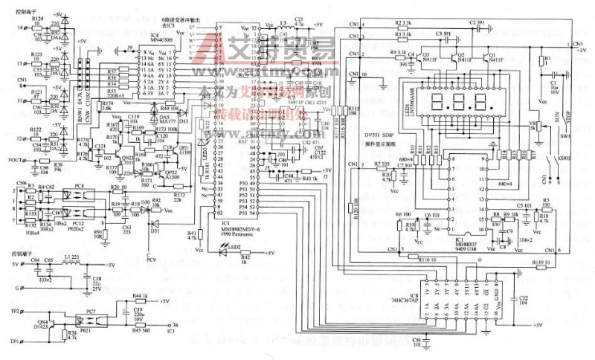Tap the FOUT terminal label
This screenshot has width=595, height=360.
[x=15, y=159]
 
